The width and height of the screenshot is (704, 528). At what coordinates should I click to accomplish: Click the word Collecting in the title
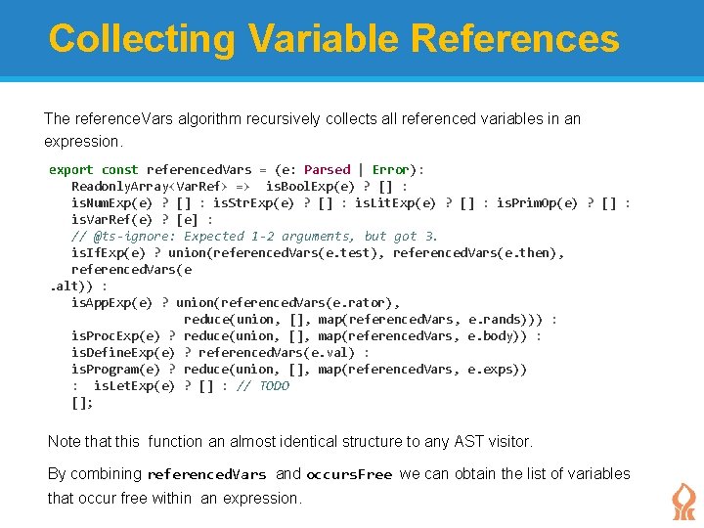(x=142, y=39)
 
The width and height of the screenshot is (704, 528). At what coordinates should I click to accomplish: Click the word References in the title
(x=515, y=39)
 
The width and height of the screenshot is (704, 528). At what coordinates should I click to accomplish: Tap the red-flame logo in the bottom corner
(x=683, y=500)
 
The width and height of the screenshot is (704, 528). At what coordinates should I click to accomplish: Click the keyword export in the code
(x=71, y=169)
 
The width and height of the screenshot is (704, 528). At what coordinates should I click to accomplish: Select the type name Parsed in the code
(x=327, y=169)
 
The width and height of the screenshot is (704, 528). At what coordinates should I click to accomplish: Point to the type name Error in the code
(x=391, y=169)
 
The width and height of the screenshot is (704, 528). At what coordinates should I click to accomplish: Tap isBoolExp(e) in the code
(x=308, y=186)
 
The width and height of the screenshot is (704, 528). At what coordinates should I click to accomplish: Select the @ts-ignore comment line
(x=254, y=236)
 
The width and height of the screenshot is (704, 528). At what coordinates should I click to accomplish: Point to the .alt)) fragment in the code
(x=71, y=286)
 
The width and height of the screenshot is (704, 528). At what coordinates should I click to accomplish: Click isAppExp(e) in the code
(x=112, y=302)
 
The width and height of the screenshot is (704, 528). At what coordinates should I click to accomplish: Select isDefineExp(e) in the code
(x=123, y=352)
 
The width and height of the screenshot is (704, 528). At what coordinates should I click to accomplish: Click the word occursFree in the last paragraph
(x=349, y=474)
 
